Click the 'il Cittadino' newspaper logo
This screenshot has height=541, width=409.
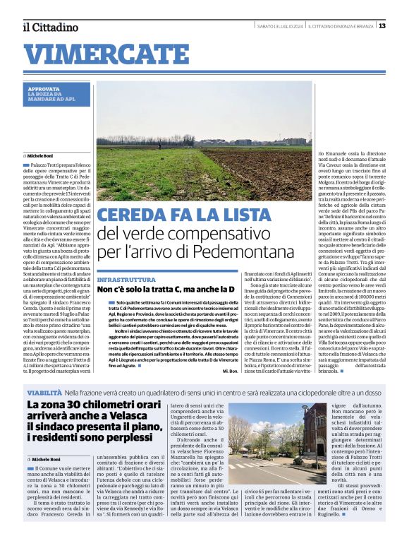(50, 27)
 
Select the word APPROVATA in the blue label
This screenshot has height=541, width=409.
(44, 89)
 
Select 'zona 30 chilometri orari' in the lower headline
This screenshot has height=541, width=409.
(114, 405)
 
